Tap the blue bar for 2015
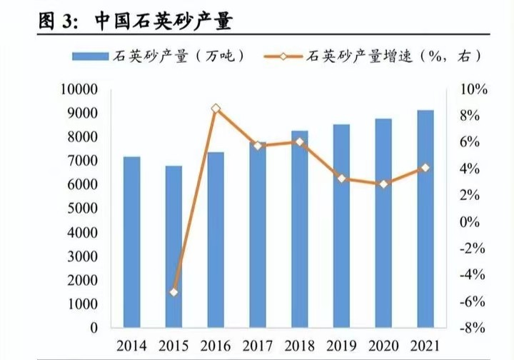pos(174,246)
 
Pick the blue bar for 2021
pos(425,219)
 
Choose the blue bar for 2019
pos(342,226)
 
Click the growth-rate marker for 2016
pos(216,109)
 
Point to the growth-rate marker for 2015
pos(174,292)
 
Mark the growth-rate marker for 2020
pos(384,184)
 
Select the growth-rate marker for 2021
pos(425,168)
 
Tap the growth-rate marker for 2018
pos(300,141)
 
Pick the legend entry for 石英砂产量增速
pos(385,56)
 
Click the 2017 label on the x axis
pos(258,346)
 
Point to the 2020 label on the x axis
pos(384,346)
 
